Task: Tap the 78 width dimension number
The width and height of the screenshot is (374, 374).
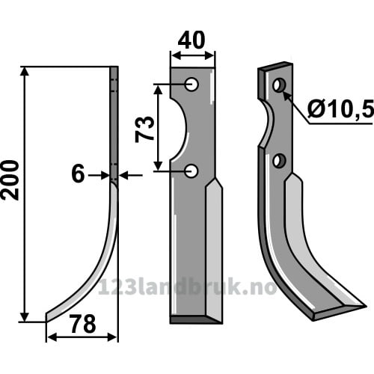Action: tap(83, 324)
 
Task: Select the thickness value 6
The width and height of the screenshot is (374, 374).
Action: tap(78, 174)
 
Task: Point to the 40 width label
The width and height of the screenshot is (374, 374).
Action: tap(191, 40)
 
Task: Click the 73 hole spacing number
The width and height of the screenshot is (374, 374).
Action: tap(144, 129)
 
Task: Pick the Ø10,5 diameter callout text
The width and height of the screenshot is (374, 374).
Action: tap(340, 109)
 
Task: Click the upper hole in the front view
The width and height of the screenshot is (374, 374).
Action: tap(191, 85)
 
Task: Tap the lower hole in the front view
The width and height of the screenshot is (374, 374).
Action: tap(191, 171)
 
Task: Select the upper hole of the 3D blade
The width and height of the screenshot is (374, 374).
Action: tap(279, 85)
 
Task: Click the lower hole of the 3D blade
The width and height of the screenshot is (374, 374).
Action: tap(279, 161)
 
